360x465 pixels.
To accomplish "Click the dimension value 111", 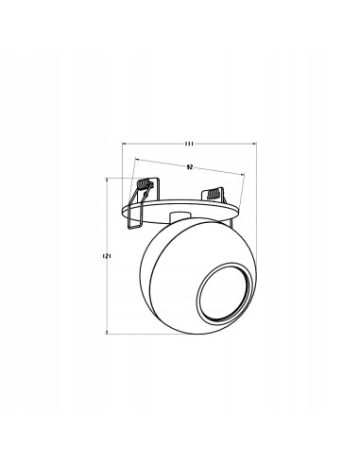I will pos(189,144).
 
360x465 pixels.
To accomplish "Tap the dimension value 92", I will pos(189,167).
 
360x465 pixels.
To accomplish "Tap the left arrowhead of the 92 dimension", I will pos(136,160).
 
